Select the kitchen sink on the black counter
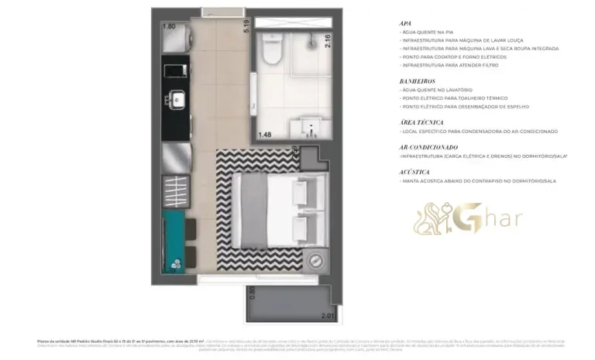coord(176,101)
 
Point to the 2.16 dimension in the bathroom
coord(328,42)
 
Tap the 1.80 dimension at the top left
coord(170,26)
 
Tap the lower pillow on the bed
coord(302,230)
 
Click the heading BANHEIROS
coord(418,81)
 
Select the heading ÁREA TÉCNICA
coord(421,122)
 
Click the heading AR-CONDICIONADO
coord(428,146)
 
